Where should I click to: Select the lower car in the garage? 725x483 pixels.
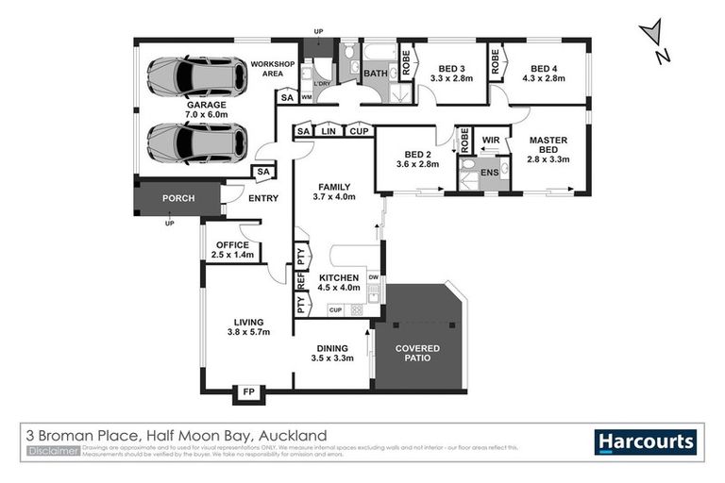pos(196,142)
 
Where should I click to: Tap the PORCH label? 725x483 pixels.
pos(177,199)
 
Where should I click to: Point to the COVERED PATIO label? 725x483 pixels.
pos(417,356)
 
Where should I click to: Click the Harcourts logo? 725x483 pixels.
pos(646,441)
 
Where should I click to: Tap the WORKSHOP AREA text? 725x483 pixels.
pos(273,68)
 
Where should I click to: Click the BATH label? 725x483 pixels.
pos(375,73)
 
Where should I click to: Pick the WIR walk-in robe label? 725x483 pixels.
pos(490,141)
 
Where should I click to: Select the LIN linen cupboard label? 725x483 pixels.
pos(329,131)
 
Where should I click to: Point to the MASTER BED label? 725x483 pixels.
pos(548,147)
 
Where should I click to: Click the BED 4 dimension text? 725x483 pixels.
pos(547,79)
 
